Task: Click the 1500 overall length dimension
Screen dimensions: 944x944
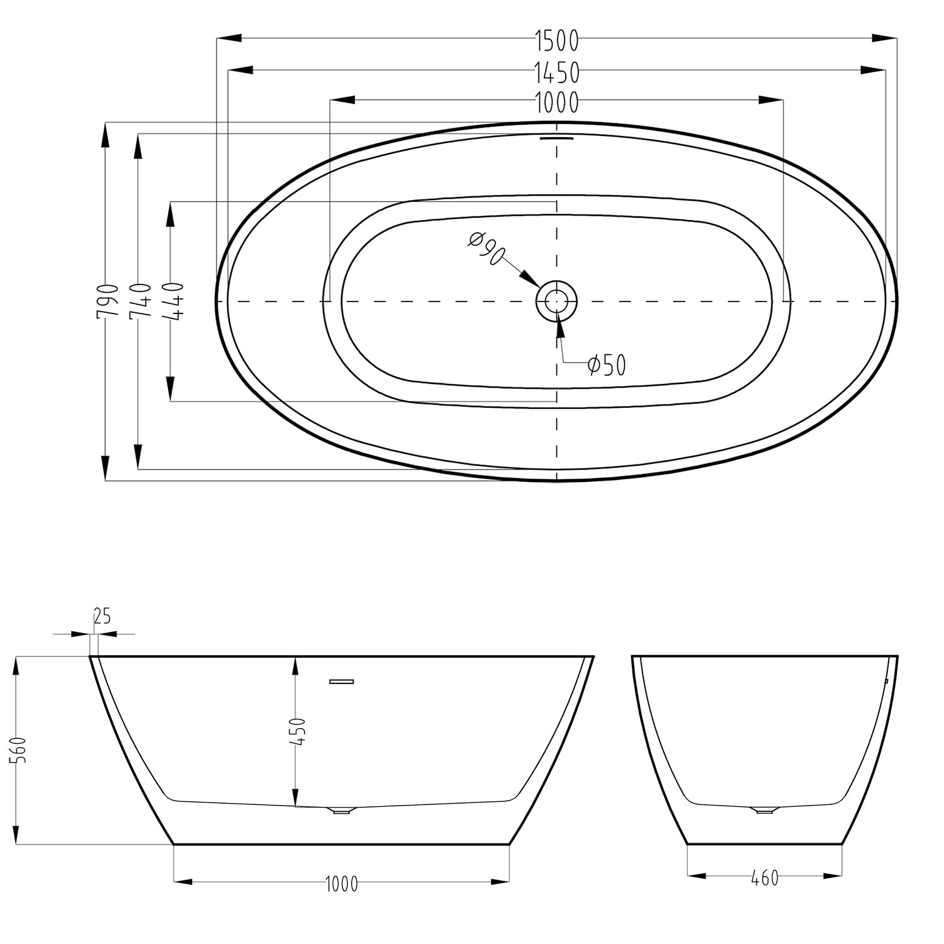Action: tap(557, 41)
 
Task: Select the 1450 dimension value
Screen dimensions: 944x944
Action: tap(557, 73)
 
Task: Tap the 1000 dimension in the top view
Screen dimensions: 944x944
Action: tap(557, 101)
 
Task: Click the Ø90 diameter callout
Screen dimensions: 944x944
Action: tap(487, 248)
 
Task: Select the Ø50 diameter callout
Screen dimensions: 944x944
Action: tap(607, 364)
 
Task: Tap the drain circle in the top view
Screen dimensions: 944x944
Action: tap(556, 301)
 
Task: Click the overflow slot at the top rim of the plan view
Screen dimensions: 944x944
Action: tap(557, 137)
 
